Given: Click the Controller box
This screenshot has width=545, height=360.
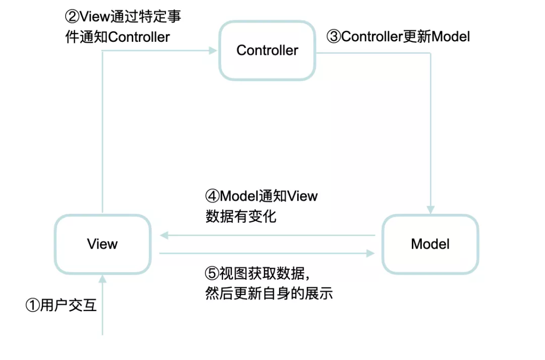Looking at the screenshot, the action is coord(267,50).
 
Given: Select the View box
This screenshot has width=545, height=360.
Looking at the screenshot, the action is coord(102,244).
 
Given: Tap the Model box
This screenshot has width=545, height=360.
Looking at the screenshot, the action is coord(430,244).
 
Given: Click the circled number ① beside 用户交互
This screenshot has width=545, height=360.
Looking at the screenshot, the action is coord(33,306).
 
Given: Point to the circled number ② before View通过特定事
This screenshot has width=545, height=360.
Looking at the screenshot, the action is coord(72,16).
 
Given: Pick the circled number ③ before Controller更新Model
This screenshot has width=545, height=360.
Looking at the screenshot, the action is coord(334,36).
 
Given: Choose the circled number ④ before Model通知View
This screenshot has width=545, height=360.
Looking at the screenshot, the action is coord(212,196).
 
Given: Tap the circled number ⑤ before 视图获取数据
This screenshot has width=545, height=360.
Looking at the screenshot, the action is coord(212,274).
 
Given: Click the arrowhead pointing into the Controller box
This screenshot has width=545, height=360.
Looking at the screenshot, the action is coord(213,51).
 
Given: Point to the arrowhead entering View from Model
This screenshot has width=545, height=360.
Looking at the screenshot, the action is coord(164,235).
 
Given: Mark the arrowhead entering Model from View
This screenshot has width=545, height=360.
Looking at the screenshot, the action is coord(371,254).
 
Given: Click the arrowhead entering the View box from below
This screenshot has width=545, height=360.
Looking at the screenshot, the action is coord(102,279).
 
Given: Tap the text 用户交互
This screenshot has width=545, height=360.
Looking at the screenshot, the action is coord(69,306).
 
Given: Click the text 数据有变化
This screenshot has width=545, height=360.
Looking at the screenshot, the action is coord(241,217).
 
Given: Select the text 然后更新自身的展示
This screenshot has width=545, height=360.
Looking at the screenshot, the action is coord(269,293).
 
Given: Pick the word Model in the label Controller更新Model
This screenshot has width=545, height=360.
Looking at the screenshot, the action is coord(451,36).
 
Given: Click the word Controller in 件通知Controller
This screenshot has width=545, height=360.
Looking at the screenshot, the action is coord(139,37).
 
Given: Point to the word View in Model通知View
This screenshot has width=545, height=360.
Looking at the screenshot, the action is coord(302,196).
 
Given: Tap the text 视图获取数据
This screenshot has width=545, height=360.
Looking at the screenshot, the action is coord(262,274).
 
